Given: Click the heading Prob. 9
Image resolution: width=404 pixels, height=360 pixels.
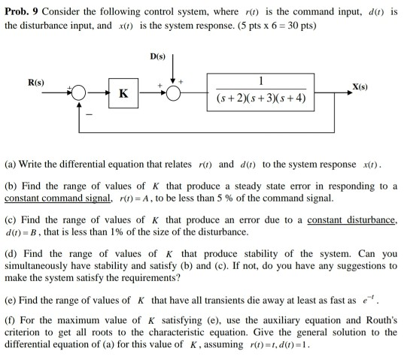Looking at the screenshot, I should [x=20, y=9].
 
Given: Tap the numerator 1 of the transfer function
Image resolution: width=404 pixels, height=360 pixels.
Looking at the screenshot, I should [x=260, y=81].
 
